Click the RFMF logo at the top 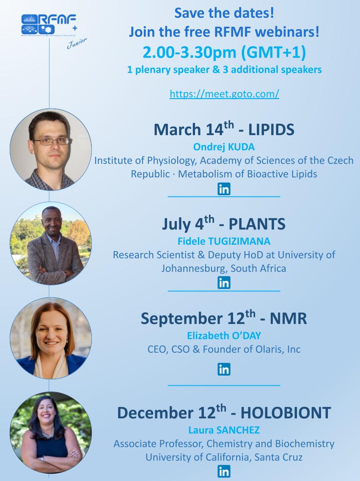[49, 25]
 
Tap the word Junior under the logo [77, 43]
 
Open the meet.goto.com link [224, 94]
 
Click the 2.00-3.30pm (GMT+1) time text [224, 52]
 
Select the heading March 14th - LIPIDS [224, 129]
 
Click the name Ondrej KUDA [224, 147]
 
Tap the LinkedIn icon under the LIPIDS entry [224, 189]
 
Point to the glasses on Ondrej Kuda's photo [52, 141]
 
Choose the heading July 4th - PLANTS [224, 223]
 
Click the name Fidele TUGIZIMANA [224, 241]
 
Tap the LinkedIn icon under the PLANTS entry [224, 282]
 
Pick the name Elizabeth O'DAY [224, 336]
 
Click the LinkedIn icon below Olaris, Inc [224, 369]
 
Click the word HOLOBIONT [286, 412]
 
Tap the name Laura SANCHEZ [224, 430]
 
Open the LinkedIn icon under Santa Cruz [224, 471]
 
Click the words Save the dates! [224, 13]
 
